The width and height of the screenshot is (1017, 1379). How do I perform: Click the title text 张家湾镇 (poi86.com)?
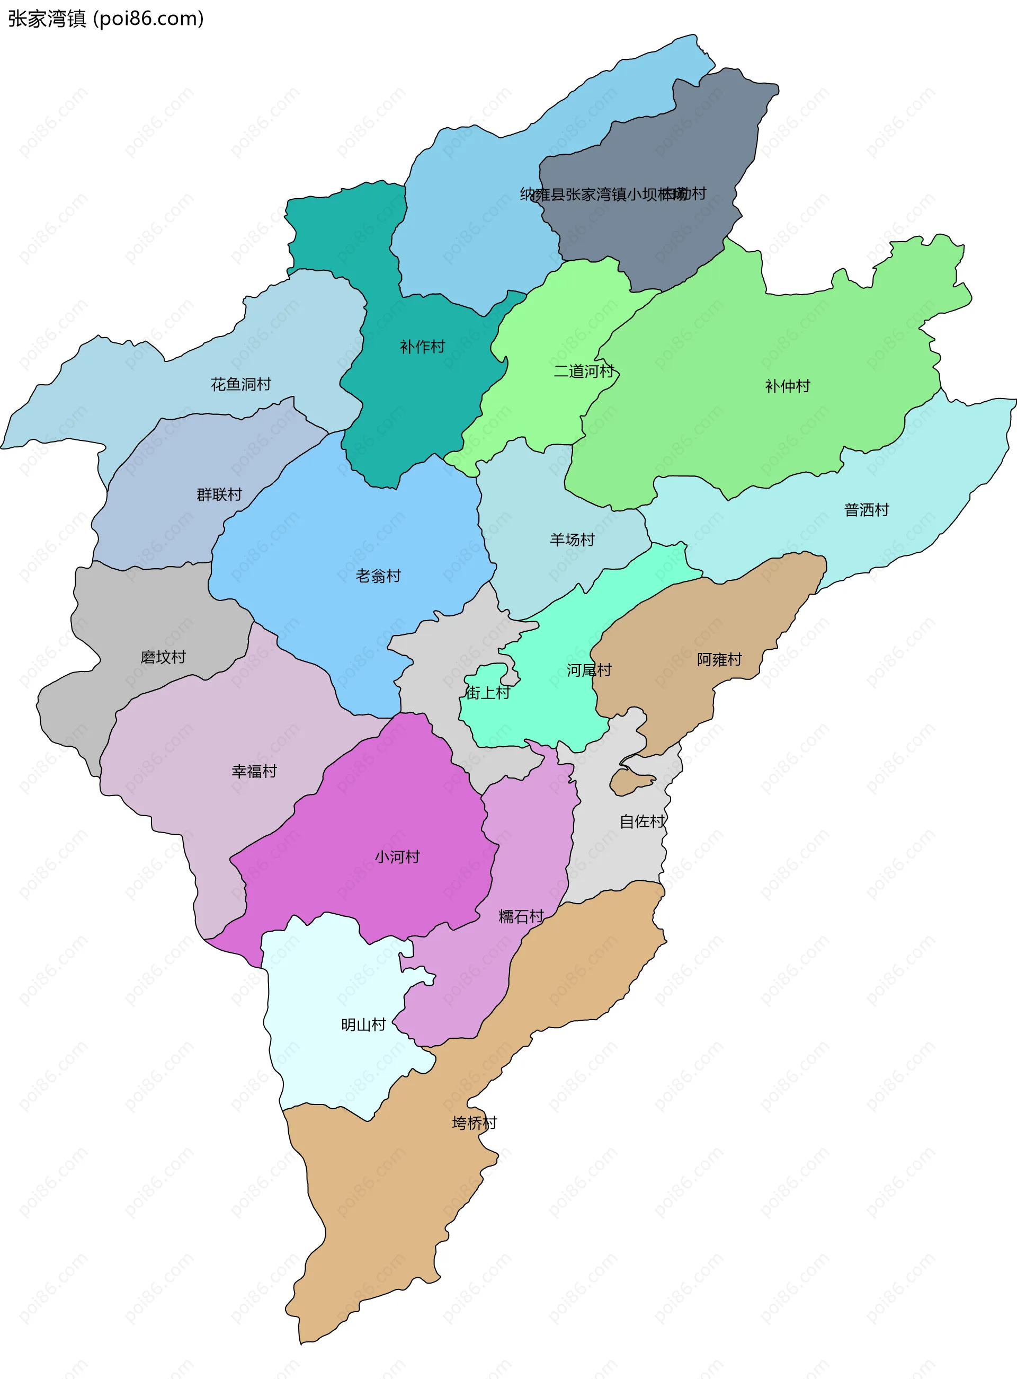105,19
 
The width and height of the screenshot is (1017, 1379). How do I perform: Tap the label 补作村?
422,347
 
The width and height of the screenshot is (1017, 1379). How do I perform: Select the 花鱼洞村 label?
240,384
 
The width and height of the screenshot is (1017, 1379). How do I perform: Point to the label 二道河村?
584,371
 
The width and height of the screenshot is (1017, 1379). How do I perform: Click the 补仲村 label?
787,386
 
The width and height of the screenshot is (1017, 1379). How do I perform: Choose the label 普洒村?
866,510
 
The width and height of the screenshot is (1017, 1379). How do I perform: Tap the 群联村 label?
219,494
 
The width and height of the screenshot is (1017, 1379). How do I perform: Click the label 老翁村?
378,576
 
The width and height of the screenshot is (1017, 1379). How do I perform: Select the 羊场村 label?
572,540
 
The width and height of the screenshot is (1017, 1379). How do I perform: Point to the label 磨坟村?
163,657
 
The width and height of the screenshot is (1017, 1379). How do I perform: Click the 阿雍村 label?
719,660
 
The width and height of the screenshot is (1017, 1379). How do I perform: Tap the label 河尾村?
588,670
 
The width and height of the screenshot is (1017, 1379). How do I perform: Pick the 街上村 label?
487,693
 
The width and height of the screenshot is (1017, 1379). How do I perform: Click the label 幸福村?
254,771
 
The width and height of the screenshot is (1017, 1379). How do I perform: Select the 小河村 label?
397,857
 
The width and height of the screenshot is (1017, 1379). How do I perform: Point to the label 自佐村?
642,821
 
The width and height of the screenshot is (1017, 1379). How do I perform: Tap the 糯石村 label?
521,916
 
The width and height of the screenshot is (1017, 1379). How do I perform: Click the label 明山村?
363,1025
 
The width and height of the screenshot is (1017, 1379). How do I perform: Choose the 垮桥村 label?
474,1123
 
